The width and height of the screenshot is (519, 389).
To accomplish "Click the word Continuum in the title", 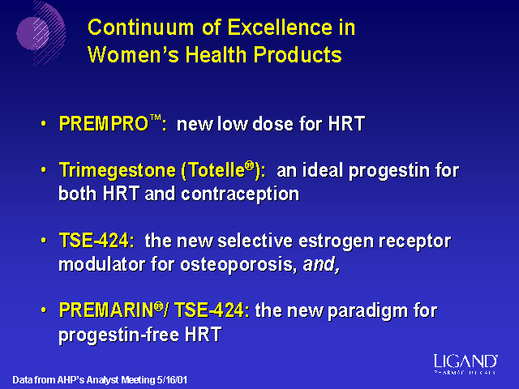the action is coord(140,27).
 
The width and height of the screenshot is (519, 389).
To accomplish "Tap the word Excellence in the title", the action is coord(280,27).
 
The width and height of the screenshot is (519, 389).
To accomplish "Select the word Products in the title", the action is coord(298,54).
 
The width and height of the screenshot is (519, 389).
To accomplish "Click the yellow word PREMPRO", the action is coord(104,124).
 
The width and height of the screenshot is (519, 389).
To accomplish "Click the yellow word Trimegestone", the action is coord(117,171).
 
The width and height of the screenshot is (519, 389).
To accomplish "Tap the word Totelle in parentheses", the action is coord(217,171).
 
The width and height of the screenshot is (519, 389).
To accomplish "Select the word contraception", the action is coord(240,194).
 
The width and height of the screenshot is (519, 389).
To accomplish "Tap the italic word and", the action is coord(321,264).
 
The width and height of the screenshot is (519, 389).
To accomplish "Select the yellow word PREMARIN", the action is coord(106,310).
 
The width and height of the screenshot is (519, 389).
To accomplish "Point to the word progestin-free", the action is coord(119,335).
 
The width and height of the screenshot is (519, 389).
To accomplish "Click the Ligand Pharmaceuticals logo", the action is coord(465,364).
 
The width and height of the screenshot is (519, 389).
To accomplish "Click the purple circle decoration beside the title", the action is coord(32,34).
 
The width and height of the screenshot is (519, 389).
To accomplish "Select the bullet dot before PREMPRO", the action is coord(44,124).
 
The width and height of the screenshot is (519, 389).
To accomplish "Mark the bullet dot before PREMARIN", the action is coord(44,310).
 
